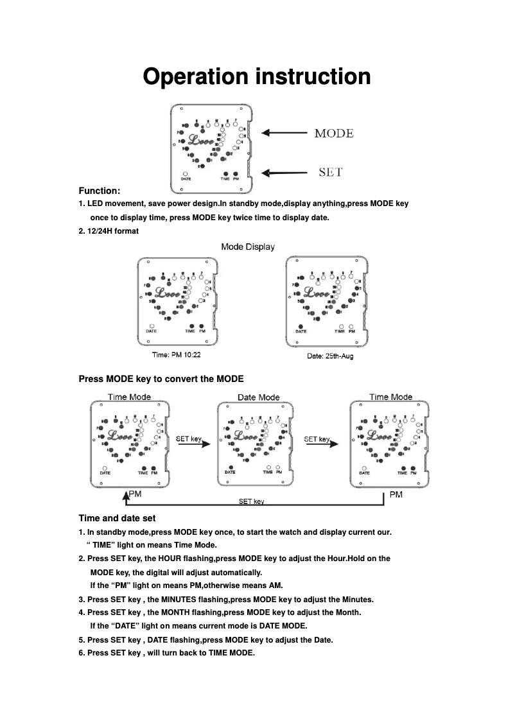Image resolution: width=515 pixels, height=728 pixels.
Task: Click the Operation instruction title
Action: pyautogui.click(x=257, y=76)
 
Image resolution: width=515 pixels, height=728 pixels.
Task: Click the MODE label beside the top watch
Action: pyautogui.click(x=333, y=134)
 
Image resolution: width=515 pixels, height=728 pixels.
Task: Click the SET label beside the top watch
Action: pyautogui.click(x=331, y=172)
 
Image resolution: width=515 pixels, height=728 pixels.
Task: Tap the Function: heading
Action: pyautogui.click(x=100, y=191)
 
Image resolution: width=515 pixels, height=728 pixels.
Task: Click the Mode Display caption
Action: pyautogui.click(x=248, y=247)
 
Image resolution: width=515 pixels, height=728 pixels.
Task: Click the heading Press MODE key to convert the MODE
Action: pyautogui.click(x=161, y=378)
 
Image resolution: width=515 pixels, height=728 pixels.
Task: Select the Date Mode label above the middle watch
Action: pyautogui.click(x=258, y=397)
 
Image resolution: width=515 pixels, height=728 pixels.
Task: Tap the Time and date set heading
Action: pyautogui.click(x=117, y=518)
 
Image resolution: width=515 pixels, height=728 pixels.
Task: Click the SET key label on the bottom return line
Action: pyautogui.click(x=251, y=501)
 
